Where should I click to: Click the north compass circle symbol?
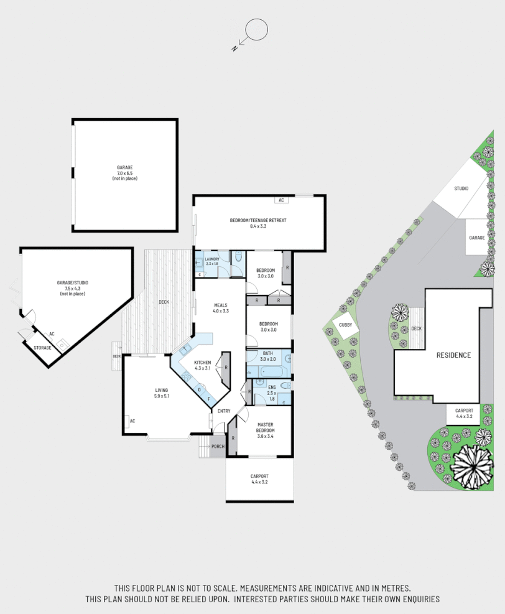click(256, 29)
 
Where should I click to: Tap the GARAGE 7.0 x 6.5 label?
click(124, 173)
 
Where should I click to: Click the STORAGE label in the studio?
click(42, 347)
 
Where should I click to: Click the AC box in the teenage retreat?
click(281, 200)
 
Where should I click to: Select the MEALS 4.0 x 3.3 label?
click(221, 308)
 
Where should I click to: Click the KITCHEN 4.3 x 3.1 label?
click(203, 365)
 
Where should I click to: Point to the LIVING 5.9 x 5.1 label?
click(162, 393)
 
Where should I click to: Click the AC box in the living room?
click(132, 421)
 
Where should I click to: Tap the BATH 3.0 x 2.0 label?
click(267, 356)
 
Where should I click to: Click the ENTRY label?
click(223, 411)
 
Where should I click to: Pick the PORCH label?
click(218, 446)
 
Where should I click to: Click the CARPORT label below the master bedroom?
click(260, 479)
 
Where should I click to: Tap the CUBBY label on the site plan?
click(345, 324)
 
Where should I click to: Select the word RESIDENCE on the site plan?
click(453, 355)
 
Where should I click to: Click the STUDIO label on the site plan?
click(461, 188)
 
